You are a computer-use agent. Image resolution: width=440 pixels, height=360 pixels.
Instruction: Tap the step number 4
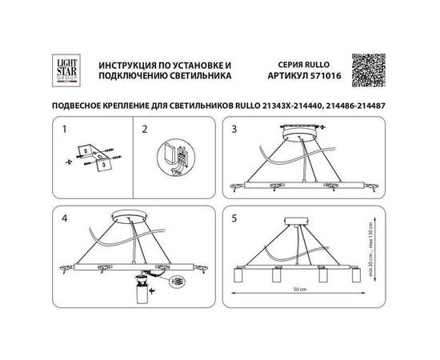[67, 215]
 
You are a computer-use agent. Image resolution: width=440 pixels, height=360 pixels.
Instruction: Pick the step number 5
[234, 215]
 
